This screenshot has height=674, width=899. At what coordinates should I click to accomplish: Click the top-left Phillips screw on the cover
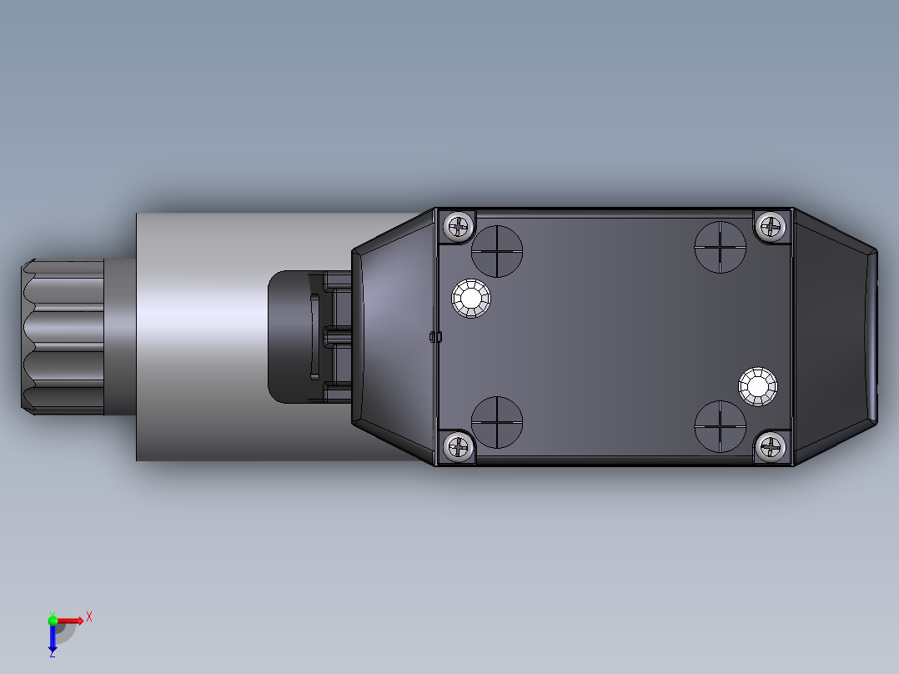click(x=458, y=226)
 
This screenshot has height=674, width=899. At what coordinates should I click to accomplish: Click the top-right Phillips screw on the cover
click(x=772, y=226)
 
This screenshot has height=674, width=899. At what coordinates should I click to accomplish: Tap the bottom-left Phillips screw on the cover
click(x=458, y=447)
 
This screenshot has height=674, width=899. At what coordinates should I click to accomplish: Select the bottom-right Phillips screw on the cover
click(x=772, y=447)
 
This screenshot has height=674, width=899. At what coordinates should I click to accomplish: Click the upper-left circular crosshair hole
click(x=497, y=250)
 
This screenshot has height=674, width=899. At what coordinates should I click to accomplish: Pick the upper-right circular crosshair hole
click(x=720, y=247)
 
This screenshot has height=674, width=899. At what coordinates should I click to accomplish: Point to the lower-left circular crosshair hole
click(x=497, y=422)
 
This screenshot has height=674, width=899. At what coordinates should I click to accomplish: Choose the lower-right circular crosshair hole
click(x=720, y=425)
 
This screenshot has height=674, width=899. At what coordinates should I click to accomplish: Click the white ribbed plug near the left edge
click(x=471, y=298)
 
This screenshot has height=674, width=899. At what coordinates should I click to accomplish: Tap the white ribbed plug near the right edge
click(x=758, y=386)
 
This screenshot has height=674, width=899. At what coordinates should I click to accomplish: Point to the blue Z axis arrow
click(x=53, y=641)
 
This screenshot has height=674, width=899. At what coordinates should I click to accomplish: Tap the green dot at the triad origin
click(x=53, y=620)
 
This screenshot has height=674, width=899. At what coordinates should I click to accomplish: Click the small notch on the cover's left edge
click(x=434, y=336)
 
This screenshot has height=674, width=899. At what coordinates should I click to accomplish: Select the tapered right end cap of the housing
click(x=834, y=336)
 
